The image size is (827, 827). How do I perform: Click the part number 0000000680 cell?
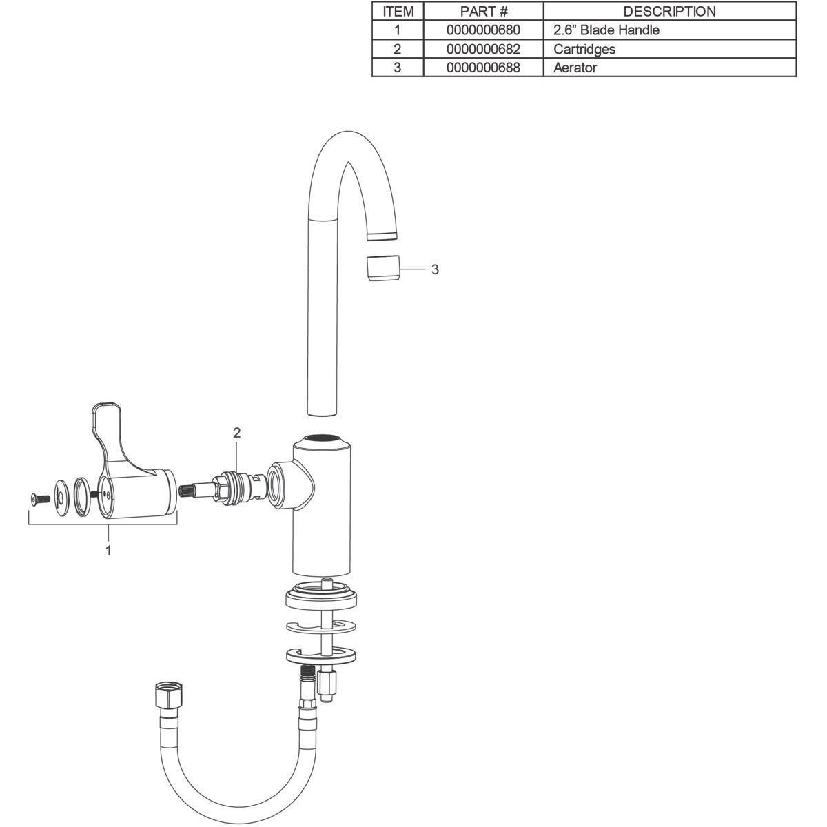tap(483, 30)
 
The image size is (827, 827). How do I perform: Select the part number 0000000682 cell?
tap(483, 49)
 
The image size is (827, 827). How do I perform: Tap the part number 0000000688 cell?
tap(483, 68)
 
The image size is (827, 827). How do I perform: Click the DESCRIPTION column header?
tap(669, 12)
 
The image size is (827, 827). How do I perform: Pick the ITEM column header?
tap(398, 12)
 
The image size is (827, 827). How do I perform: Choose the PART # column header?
tap(483, 12)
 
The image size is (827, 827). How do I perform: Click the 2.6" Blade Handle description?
tap(606, 30)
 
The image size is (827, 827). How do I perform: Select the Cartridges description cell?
tap(584, 49)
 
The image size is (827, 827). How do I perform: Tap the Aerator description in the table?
tap(575, 68)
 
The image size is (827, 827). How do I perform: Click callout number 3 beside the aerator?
tap(435, 269)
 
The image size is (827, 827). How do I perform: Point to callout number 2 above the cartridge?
tap(236, 433)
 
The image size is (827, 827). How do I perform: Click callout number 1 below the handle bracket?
tap(108, 550)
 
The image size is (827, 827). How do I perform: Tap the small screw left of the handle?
tap(40, 498)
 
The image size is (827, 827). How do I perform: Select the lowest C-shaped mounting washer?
tap(322, 655)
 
